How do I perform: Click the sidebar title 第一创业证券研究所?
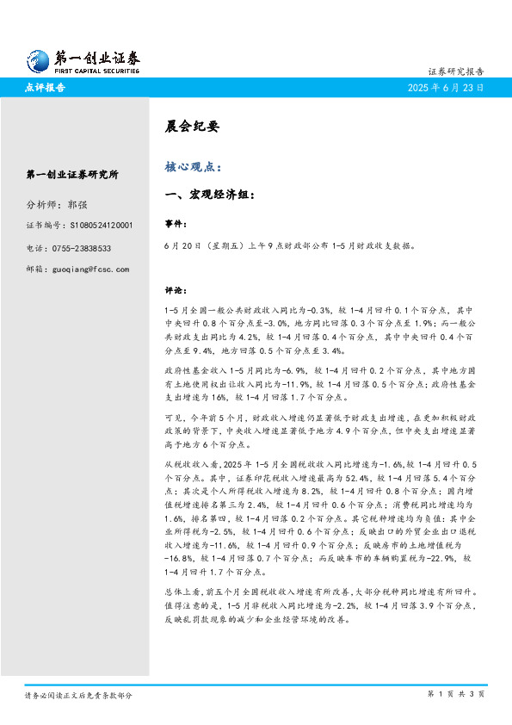(72, 175)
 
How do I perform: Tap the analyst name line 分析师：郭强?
(57, 205)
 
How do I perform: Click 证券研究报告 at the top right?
(455, 71)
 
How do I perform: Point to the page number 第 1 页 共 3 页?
(456, 693)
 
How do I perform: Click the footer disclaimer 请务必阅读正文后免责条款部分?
(78, 694)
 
